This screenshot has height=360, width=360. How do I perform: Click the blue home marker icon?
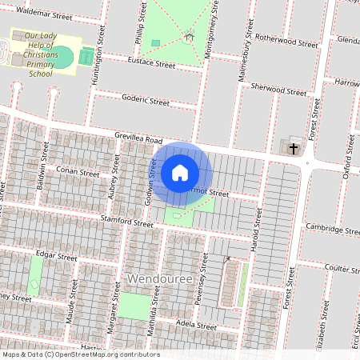pos(180,172)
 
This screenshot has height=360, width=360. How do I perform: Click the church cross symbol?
pos(293,148)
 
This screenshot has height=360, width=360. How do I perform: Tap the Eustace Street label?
pos(150,63)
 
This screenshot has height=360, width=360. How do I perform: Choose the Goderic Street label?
pos(145,102)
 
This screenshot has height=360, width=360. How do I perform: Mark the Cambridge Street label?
pos(332,230)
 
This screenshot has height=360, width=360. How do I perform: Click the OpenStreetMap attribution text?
pos(80,354)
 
